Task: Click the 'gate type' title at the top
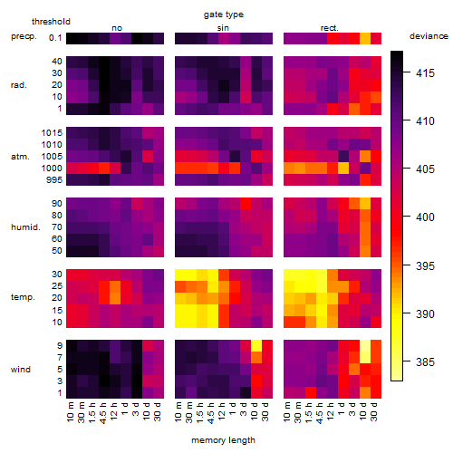[224, 14]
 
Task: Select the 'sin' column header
[223, 28]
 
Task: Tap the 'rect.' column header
[329, 28]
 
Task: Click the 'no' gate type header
[117, 28]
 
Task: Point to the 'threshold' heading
[51, 22]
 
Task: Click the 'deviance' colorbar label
[429, 36]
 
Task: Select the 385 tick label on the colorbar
[425, 361]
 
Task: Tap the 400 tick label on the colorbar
[425, 217]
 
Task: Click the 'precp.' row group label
[24, 36]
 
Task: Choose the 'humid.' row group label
[25, 226]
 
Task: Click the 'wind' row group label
[21, 369]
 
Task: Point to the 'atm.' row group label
[20, 157]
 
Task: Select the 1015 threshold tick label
[52, 132]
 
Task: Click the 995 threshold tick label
[54, 179]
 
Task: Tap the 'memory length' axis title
[223, 440]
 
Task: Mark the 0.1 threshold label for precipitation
[55, 38]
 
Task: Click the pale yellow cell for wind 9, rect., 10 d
[365, 345]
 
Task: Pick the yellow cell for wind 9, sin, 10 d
[256, 345]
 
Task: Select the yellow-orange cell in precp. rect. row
[365, 38]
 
